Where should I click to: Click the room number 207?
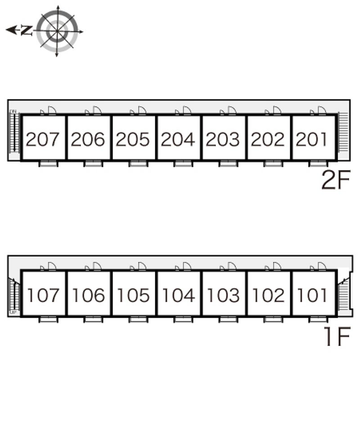coord(43,139)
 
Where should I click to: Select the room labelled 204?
coord(178,139)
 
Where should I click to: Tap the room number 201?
coord(312,139)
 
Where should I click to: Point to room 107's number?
coord(43,296)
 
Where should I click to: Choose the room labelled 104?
coord(178,296)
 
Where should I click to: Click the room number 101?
coord(312,296)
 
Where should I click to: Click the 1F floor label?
coord(337,337)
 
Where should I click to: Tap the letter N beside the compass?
coord(27,31)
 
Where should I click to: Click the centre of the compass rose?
coord(57,31)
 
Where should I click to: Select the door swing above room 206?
coord(96,111)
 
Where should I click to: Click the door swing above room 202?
coord(276,111)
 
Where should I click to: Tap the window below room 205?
coord(138,163)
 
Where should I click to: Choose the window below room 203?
coord(228,163)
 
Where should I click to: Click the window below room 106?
coord(93,319)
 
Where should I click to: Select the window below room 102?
coord(273,319)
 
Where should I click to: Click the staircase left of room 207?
coord(14,133)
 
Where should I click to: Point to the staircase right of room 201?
coord(343,133)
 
